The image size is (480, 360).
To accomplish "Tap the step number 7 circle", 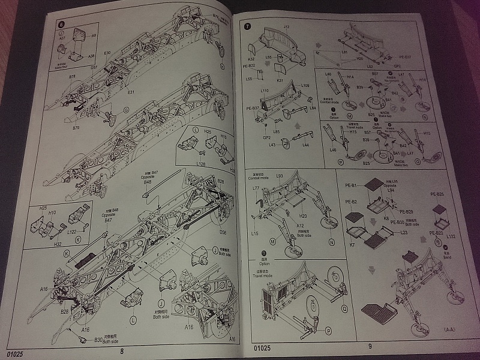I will point(248,26).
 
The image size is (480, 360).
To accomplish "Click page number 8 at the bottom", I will point(122,350).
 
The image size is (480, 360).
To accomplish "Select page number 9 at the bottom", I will point(370,346).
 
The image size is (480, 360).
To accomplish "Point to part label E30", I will point(108,54).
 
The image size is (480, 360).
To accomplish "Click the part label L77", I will point(257,188).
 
